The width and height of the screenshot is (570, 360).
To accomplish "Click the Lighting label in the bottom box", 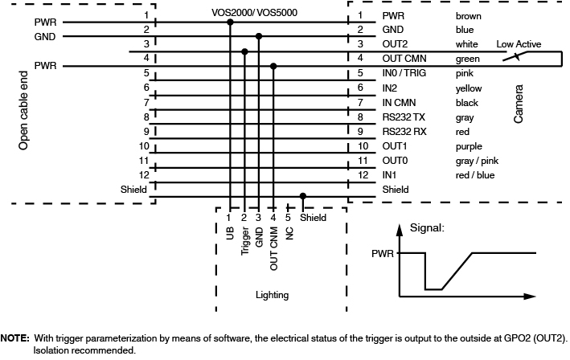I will coord(272,295).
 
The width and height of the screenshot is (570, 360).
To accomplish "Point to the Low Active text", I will coord(519,44).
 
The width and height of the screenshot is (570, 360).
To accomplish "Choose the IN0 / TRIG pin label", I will coord(404,73).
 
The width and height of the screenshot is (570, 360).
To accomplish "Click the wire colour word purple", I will coord(469,146).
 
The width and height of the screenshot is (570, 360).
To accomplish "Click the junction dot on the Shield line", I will coord(303,195).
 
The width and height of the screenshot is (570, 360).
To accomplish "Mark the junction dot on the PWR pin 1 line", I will coord(230,22).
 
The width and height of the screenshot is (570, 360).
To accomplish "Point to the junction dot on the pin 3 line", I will coord(244,51).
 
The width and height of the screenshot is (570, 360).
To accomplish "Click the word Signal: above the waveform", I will coord(427,227).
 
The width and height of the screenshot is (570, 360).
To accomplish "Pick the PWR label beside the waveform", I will coord(383,253).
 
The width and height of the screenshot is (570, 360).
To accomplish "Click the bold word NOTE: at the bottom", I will coord(15,339).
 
